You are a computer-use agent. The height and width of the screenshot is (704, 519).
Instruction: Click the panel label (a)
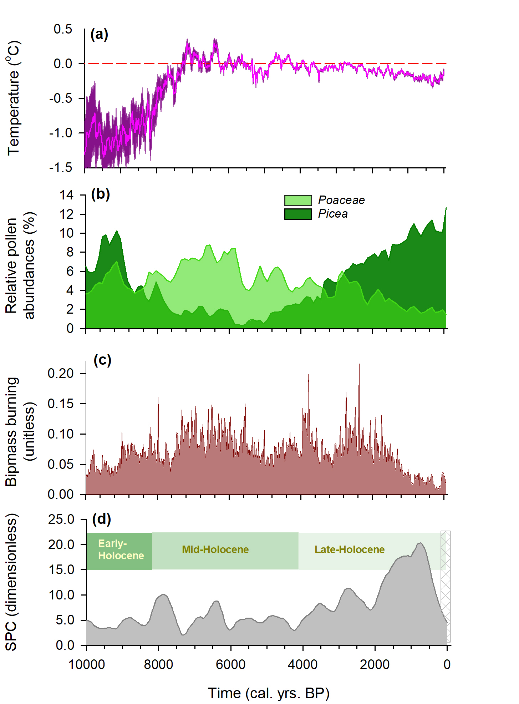click(99, 35)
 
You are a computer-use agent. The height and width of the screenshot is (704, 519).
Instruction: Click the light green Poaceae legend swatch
click(298, 201)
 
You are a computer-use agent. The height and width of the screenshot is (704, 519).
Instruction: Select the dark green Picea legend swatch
click(298, 214)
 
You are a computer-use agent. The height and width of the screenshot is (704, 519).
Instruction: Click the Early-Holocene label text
click(121, 549)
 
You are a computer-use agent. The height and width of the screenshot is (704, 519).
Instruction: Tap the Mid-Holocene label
click(215, 549)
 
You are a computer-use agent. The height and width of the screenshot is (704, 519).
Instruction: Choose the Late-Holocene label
click(349, 549)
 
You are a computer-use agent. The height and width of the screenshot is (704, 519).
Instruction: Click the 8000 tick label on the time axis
click(158, 664)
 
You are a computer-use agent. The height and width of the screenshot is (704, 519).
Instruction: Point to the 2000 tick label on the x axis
click(375, 664)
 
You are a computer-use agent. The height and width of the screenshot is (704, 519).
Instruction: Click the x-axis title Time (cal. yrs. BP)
click(269, 693)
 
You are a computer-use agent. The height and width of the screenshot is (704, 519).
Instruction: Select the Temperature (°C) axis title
click(14, 98)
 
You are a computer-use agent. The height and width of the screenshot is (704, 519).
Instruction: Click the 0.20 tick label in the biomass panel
click(61, 373)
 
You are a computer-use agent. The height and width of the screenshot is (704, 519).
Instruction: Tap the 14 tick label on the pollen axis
click(66, 195)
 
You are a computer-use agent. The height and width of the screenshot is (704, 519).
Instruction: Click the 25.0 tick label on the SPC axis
click(61, 519)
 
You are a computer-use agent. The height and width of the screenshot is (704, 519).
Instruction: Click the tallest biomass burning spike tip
click(359, 362)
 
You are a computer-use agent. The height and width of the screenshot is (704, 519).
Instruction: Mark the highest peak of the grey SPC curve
click(421, 543)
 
